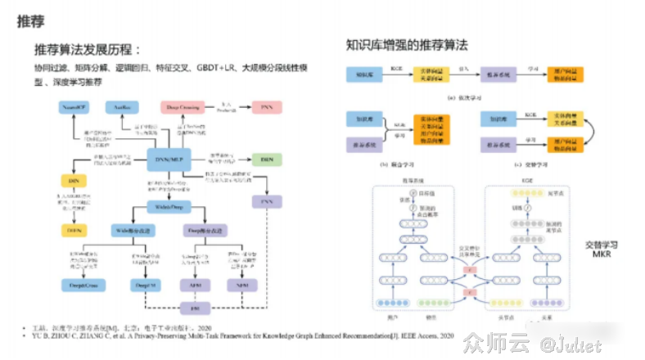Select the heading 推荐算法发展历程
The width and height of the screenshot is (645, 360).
[87, 49]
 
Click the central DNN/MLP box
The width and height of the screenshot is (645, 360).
[168, 158]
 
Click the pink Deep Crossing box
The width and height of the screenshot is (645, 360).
[184, 108]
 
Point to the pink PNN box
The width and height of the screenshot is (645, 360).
[266, 108]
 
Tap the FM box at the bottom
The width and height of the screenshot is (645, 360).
[194, 308]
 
